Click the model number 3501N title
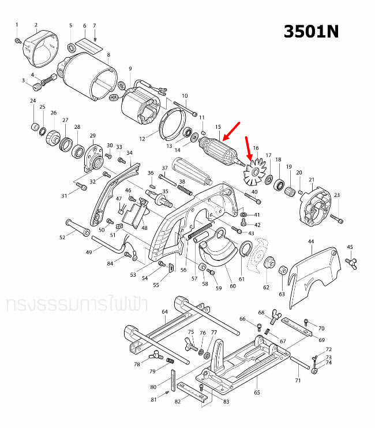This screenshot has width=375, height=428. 310,32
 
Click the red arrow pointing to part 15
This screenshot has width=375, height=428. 231,132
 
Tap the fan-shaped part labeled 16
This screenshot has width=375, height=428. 253,172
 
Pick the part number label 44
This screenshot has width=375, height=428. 311,241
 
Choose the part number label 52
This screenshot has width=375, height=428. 62,237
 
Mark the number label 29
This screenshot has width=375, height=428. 92,135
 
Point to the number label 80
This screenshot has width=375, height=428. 153,387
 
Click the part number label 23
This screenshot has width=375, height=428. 337,195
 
